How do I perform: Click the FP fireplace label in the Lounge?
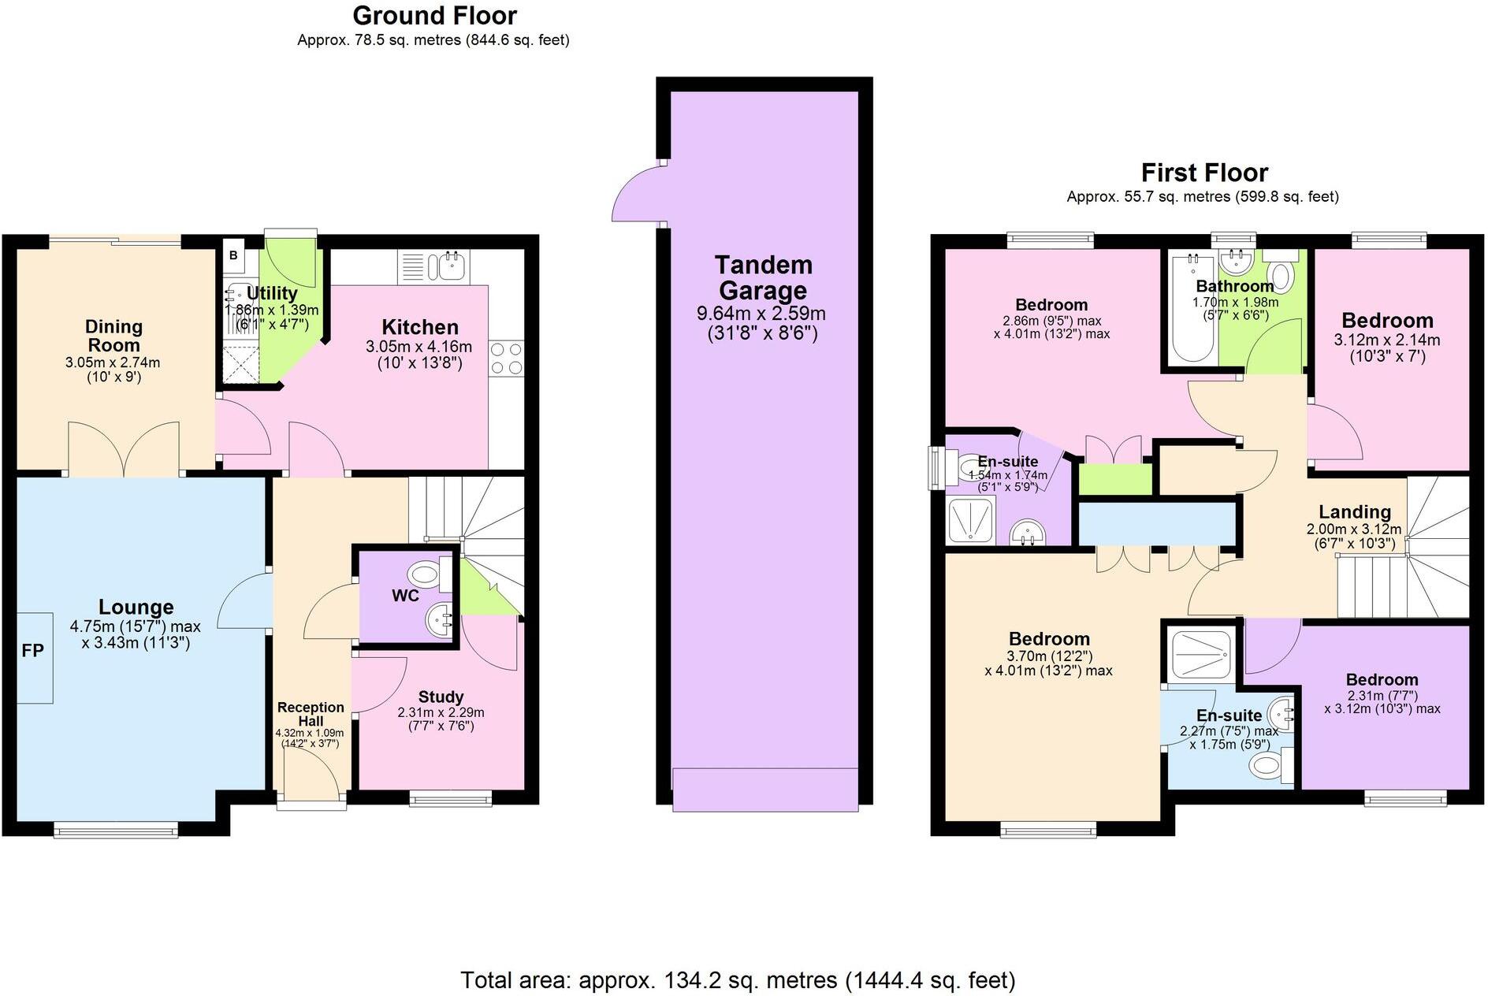pos(33,651)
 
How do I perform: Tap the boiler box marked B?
pos(233,255)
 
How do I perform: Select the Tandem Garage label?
pos(762,277)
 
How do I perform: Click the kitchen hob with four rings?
pos(506,358)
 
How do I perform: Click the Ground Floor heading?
pos(434,16)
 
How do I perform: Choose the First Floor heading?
pos(1204,173)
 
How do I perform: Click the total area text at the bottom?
pos(738,980)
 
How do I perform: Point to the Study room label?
pos(441,697)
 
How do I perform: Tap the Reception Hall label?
pos(311,714)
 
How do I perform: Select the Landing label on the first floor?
pos(1354,512)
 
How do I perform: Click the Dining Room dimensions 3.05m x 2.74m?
pos(113,363)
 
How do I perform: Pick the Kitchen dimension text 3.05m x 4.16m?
pos(418,347)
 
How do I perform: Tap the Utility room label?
pos(272,294)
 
